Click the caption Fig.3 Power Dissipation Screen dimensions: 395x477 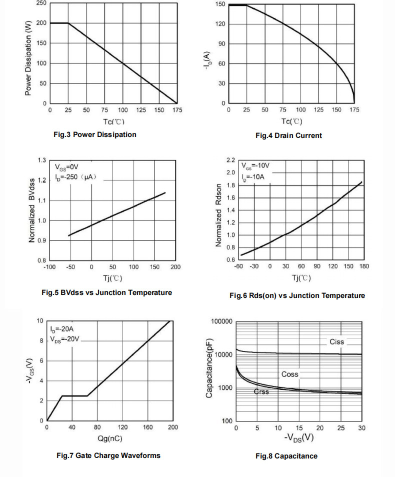coord(95,135)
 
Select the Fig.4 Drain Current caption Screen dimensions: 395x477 coord(288,135)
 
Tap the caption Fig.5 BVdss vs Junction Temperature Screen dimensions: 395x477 coord(107,292)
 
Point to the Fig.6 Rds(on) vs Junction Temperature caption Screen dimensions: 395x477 coord(297,295)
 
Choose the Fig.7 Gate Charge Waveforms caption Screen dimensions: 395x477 coord(108,455)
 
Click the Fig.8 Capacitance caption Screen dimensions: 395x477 coord(286,456)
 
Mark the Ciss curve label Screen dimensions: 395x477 coord(336,342)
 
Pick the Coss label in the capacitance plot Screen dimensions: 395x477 coord(289,374)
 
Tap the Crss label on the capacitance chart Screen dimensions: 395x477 coord(261,391)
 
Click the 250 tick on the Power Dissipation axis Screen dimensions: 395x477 coord(41,3)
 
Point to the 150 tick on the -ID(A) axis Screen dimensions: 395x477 coord(220,4)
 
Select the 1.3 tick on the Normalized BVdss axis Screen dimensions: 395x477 coord(41,160)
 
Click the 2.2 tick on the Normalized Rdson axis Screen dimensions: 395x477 coord(230,160)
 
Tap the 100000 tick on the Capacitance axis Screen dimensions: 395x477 coord(221,321)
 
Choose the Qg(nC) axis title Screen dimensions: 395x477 coord(110,438)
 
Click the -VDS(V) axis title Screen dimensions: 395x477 coord(299,438)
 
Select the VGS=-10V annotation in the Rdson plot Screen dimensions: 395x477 coord(255,166)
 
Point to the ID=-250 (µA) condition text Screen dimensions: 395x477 coord(76,177)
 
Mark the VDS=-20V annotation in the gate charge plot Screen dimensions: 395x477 coord(64,339)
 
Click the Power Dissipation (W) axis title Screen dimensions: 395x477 coord(28,58)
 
